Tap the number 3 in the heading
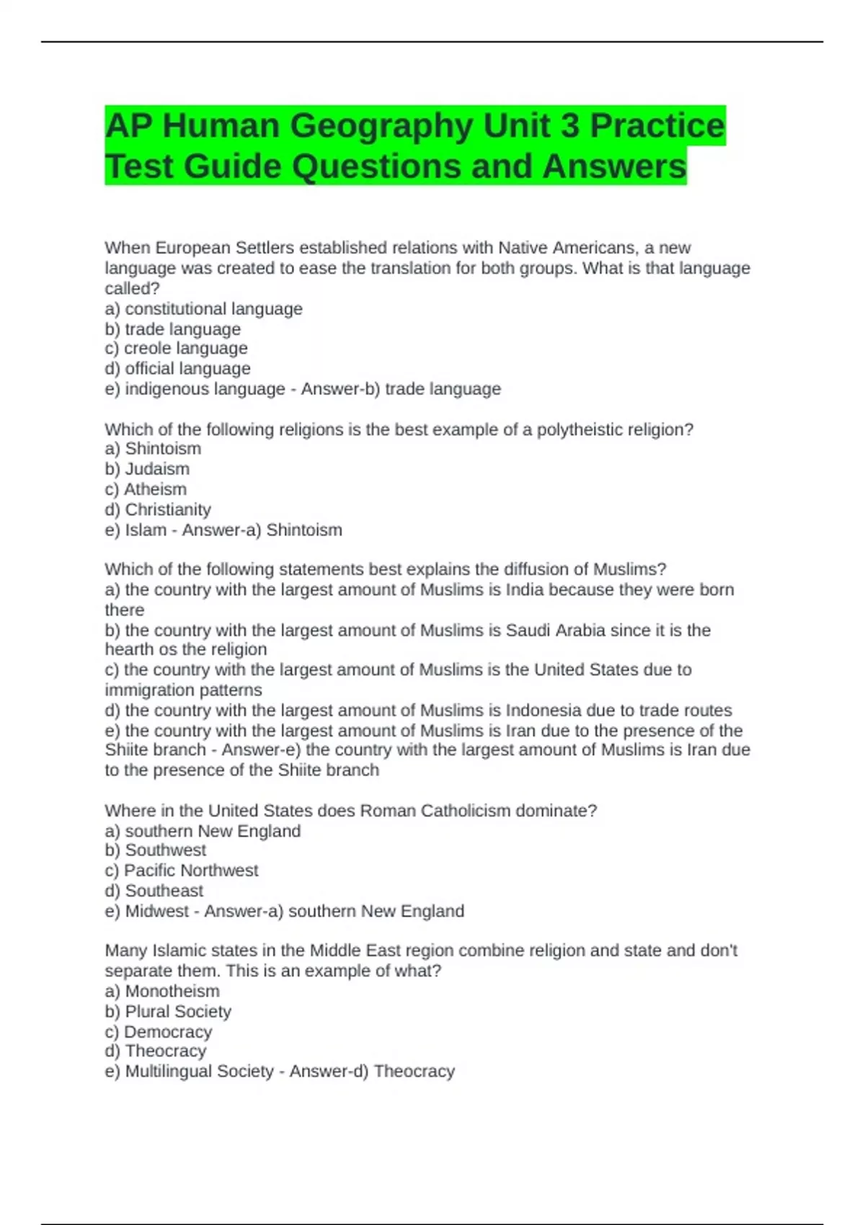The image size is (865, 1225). pos(569,126)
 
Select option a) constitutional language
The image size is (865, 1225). pos(203,309)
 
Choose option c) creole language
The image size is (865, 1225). pos(176,349)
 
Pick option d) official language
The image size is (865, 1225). pos(177,369)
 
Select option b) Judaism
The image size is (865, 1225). pos(147,469)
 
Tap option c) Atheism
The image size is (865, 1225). pos(146,489)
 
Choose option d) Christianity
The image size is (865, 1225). pos(158,509)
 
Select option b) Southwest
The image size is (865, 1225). pos(155,850)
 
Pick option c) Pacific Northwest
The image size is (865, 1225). pos(181,870)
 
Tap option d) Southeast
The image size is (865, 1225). pos(154,891)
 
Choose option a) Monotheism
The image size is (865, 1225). pos(162,992)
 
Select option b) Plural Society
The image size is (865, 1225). pos(168,1012)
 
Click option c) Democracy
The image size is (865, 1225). pos(159,1032)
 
